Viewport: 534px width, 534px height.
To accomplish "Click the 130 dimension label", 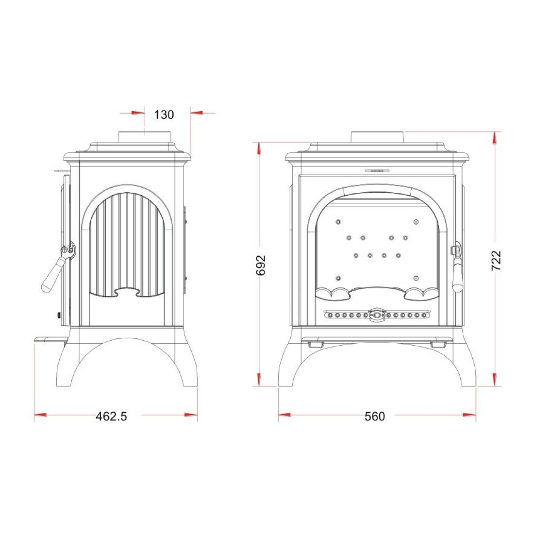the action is tap(164, 115).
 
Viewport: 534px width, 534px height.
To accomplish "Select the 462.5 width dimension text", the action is tap(111, 416).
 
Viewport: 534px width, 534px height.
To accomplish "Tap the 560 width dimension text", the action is tap(375, 416).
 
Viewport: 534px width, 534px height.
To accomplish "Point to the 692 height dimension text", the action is tap(261, 265).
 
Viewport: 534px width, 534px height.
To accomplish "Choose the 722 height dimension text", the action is tap(497, 261).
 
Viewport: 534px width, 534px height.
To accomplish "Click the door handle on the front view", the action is tap(457, 268).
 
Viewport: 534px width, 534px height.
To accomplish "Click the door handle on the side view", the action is tap(57, 267).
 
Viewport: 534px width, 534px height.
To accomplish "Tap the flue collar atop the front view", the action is tap(378, 137).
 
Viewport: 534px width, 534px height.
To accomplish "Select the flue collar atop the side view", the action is tap(145, 137).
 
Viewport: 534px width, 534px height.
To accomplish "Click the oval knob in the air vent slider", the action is tap(376, 315).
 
